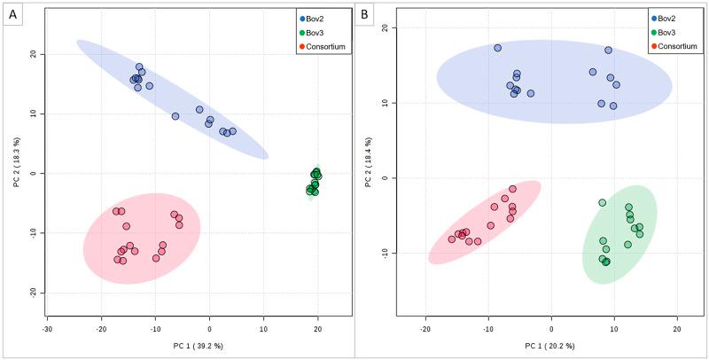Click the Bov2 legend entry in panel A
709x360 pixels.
(319, 18)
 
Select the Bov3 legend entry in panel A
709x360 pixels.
(319, 32)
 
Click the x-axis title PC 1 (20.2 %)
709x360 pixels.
(551, 347)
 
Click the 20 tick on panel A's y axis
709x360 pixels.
(33, 54)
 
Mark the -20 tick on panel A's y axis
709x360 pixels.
(31, 293)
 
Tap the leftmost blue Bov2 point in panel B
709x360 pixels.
(497, 48)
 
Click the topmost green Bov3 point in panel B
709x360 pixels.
(603, 203)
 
